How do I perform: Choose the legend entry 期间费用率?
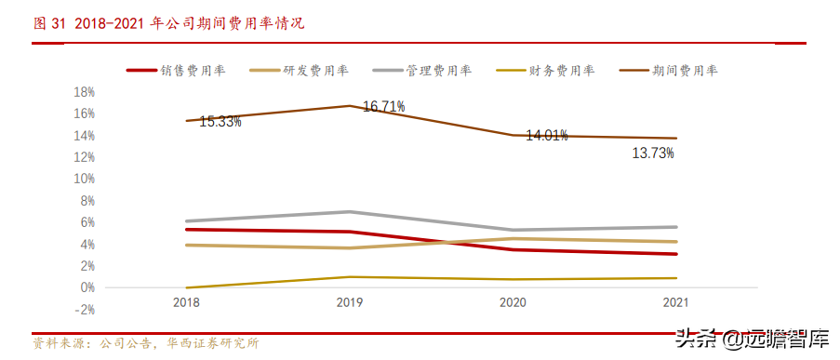(x=685, y=70)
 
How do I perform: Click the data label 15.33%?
(x=220, y=122)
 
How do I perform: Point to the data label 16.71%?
(x=383, y=107)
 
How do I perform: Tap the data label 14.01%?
(x=547, y=136)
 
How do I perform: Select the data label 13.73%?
(x=652, y=153)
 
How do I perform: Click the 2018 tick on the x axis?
(x=186, y=302)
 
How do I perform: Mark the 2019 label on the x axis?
(x=350, y=302)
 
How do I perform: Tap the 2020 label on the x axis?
(x=513, y=302)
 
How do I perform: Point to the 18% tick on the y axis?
(x=85, y=91)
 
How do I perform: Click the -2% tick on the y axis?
(x=85, y=309)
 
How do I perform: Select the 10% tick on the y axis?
(x=85, y=179)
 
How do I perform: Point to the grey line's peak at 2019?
(x=350, y=211)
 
